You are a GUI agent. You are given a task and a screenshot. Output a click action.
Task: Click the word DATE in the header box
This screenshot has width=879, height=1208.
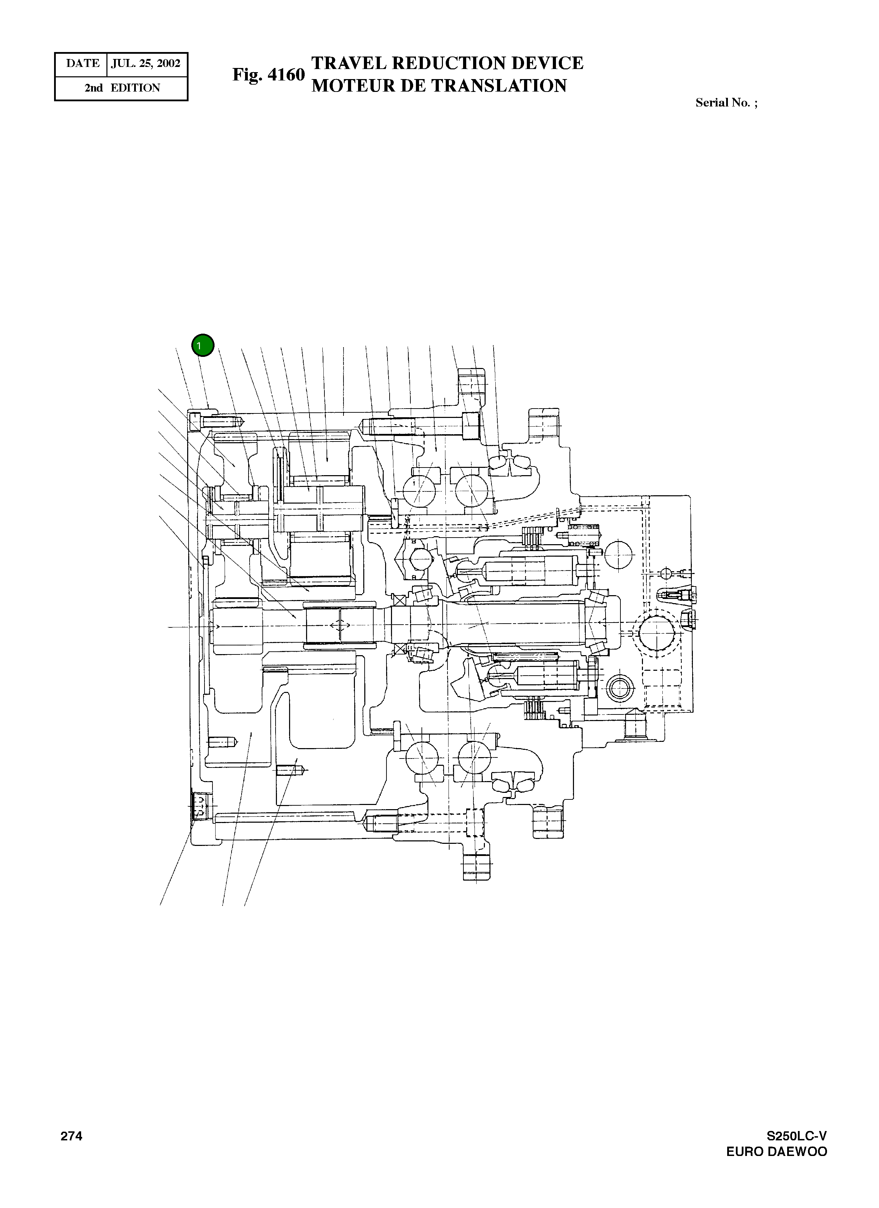[x=82, y=63]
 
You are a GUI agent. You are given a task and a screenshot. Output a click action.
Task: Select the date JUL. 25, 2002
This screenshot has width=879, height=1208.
[x=146, y=63]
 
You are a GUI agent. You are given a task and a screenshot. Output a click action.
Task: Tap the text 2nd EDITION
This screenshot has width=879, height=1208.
[x=122, y=88]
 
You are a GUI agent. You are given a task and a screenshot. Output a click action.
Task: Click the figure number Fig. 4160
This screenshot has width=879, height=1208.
[x=268, y=75]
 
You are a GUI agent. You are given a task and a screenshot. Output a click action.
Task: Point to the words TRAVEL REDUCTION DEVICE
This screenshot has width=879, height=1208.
[x=447, y=63]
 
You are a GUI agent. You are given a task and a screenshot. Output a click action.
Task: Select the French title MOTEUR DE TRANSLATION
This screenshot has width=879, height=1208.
[x=439, y=86]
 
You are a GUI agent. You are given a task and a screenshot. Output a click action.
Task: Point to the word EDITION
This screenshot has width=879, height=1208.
[x=135, y=88]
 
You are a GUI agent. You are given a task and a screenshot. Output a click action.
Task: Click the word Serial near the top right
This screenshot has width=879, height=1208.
[x=711, y=103]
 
